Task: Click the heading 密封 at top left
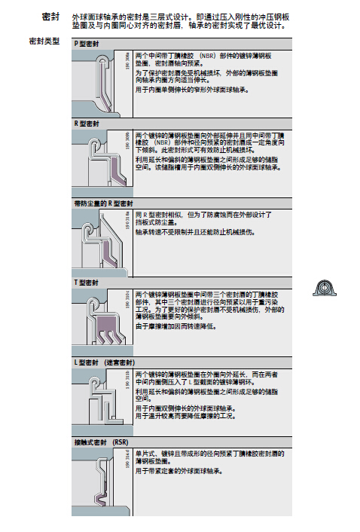[x=50, y=15]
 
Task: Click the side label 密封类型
[x=44, y=39]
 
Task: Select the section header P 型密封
[x=89, y=44]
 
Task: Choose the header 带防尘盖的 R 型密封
[x=103, y=203]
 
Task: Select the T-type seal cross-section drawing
[x=102, y=320]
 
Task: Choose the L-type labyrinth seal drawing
[x=102, y=399]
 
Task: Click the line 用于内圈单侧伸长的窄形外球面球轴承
[x=193, y=89]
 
